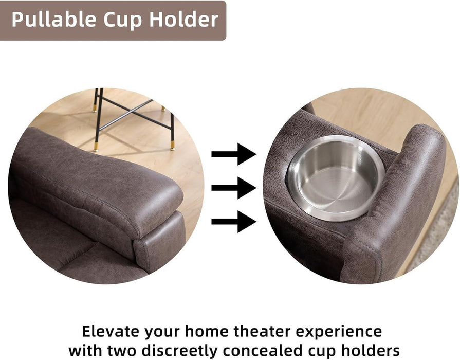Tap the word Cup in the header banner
click(118, 20)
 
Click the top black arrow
click(234, 154)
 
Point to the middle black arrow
click(234, 188)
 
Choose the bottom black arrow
click(234, 222)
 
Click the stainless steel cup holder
click(336, 177)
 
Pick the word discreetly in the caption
click(187, 351)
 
